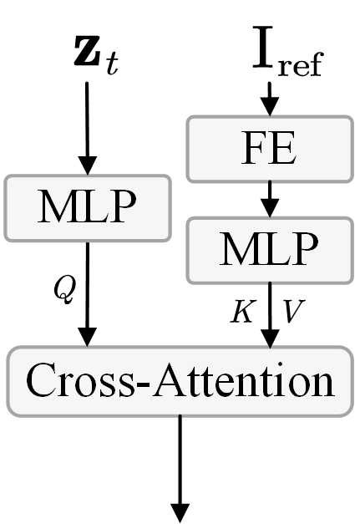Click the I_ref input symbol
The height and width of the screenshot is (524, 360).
click(x=286, y=51)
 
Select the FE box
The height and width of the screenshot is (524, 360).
click(x=268, y=149)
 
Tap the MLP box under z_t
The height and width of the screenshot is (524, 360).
click(x=87, y=206)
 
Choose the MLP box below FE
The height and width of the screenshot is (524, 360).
click(x=269, y=249)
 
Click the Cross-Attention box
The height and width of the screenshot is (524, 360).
click(x=180, y=381)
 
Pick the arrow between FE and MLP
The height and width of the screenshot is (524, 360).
click(x=268, y=199)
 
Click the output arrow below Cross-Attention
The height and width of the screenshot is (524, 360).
click(x=180, y=468)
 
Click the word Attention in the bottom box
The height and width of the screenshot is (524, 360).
click(x=255, y=381)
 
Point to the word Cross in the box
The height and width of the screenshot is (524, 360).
click(x=71, y=381)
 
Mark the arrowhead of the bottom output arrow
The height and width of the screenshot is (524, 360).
click(x=180, y=511)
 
